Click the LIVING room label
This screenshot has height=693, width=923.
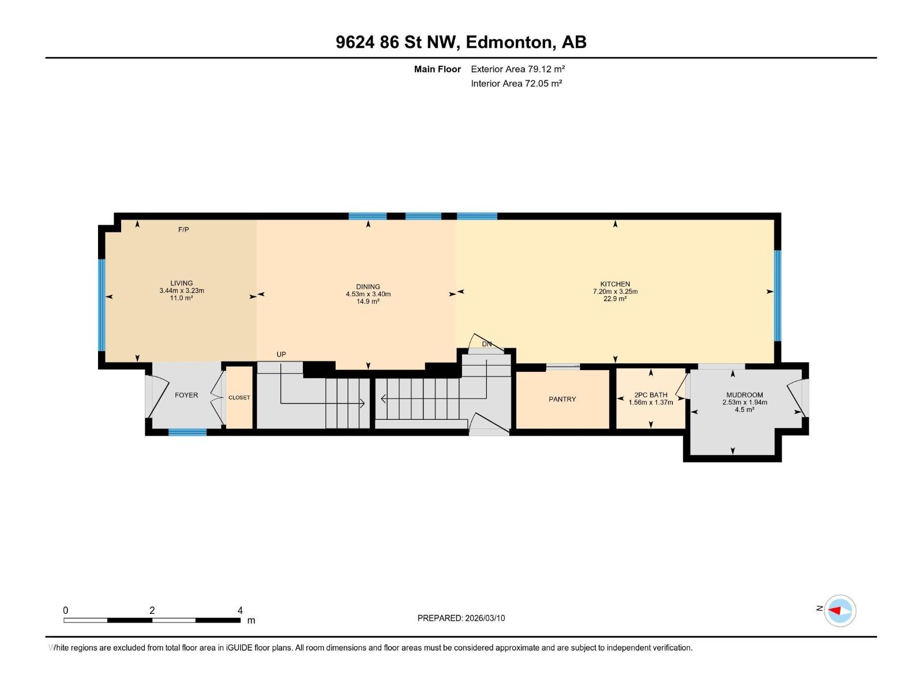coord(181,284)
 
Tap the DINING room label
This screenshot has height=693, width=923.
coord(368,286)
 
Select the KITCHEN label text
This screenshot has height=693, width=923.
coord(615,284)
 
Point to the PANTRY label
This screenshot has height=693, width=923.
coord(562,399)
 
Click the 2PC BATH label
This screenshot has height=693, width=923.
coord(651,395)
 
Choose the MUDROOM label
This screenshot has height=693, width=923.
coord(744,395)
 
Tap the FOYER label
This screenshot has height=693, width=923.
coord(186,395)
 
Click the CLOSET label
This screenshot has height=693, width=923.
coord(239,397)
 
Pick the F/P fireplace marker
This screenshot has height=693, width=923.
coord(183,230)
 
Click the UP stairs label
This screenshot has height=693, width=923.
coord(281,354)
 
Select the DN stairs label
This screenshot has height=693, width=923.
coord(487,344)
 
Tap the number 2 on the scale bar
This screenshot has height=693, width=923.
coord(152,610)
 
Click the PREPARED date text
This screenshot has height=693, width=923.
coord(461,618)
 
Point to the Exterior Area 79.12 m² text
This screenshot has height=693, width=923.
coord(517,69)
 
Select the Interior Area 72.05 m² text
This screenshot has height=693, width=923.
coord(516,83)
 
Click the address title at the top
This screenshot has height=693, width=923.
coord(461,42)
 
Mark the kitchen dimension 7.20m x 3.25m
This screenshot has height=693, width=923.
coord(615,292)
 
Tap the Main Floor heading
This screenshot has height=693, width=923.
coord(437,69)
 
